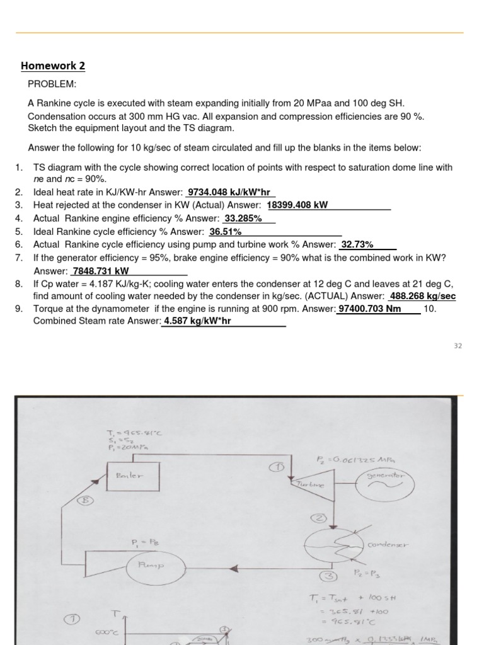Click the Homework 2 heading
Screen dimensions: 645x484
(x=53, y=66)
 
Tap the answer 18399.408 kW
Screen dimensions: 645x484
(x=297, y=205)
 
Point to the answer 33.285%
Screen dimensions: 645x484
(x=243, y=219)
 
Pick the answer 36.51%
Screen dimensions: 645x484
(x=225, y=232)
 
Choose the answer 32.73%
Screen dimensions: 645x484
(x=357, y=244)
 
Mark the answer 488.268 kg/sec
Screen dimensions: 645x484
(x=423, y=296)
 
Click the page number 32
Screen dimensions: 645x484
(x=458, y=345)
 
